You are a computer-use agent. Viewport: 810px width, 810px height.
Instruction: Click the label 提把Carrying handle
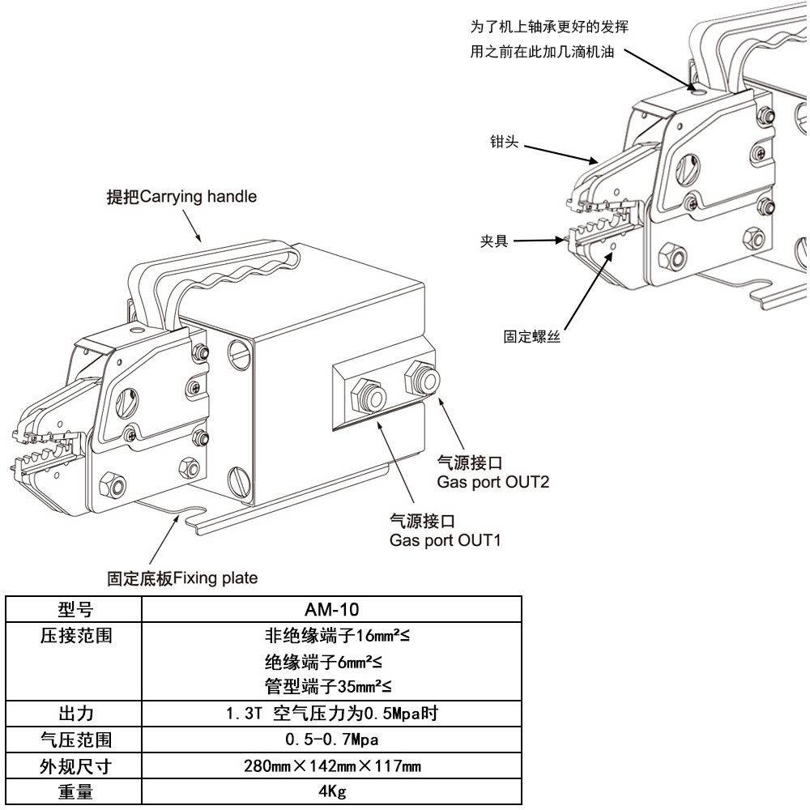pyautogui.click(x=181, y=197)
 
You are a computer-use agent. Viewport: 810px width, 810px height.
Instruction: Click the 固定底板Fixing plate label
pyautogui.click(x=182, y=578)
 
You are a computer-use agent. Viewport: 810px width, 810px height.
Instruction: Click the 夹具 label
pyautogui.click(x=493, y=241)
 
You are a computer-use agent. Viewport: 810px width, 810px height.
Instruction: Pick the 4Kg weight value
pyautogui.click(x=331, y=791)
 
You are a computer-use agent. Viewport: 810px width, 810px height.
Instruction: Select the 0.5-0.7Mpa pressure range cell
pyautogui.click(x=331, y=740)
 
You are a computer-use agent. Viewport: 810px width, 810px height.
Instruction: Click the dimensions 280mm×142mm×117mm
pyautogui.click(x=331, y=765)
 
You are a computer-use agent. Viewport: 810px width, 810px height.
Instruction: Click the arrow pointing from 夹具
pyautogui.click(x=539, y=241)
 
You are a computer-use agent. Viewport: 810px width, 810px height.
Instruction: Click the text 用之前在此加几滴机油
pyautogui.click(x=541, y=52)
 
